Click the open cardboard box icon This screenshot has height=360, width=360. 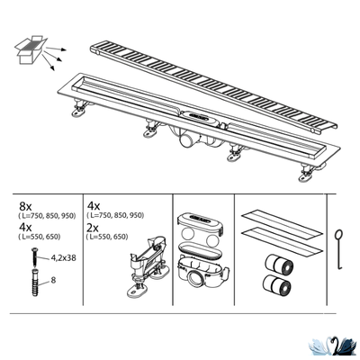pos(31,49)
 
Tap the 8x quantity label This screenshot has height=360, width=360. pos(25,206)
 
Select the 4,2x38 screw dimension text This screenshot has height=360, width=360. pos(63,257)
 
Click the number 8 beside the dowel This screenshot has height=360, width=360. pos(53,280)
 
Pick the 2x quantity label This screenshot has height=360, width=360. pos(93,228)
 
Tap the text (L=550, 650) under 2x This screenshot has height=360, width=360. pos(107,237)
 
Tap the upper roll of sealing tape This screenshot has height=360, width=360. pos(279,264)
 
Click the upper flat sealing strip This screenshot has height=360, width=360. pos(282,224)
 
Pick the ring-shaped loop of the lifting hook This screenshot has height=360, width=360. pos(340,234)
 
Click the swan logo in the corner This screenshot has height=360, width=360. pos(334,347)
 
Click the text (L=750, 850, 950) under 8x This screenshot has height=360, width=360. pos(47,216)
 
